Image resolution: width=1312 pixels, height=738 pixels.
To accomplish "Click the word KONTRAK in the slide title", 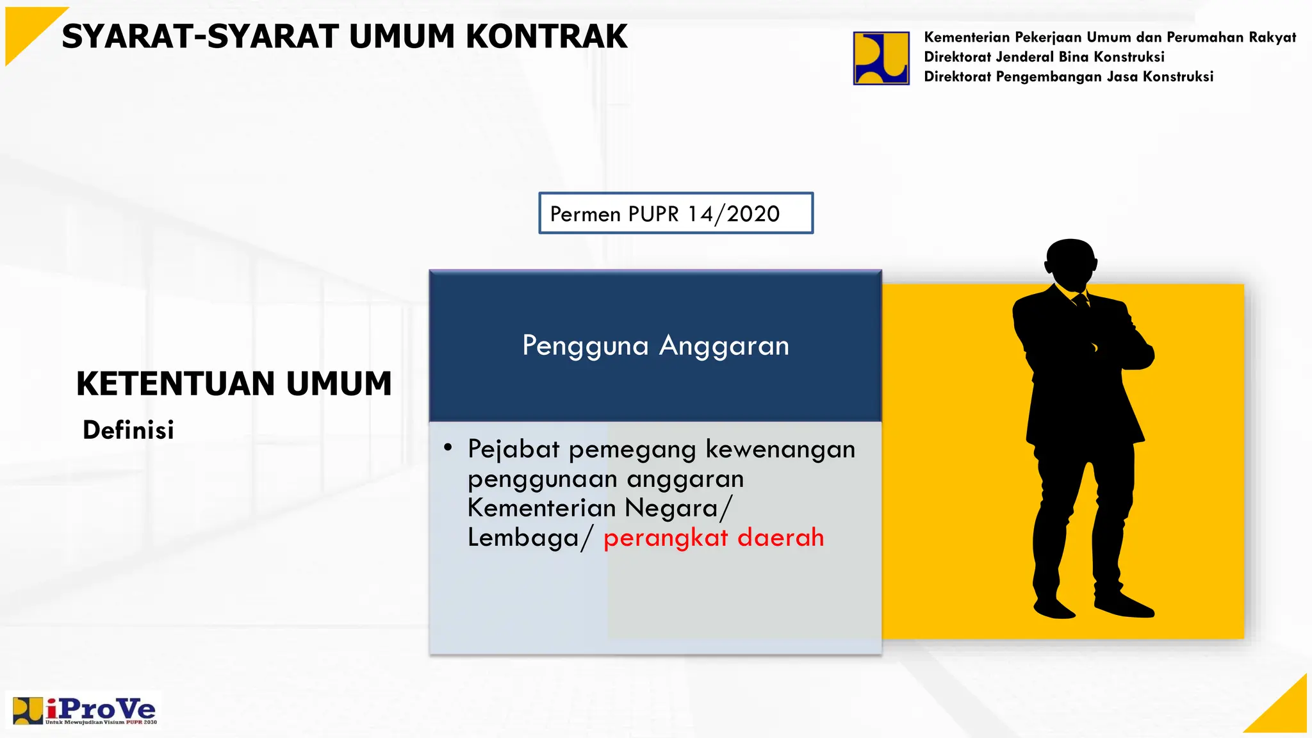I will [546, 37].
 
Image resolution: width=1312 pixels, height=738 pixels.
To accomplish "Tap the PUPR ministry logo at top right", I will [881, 58].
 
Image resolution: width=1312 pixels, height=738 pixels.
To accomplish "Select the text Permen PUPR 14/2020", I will [665, 213].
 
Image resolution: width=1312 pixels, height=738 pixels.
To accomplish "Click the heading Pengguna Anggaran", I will [655, 345].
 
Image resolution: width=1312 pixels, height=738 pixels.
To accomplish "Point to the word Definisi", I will [128, 430].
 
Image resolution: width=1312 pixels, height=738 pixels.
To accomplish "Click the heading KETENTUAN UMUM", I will [234, 384].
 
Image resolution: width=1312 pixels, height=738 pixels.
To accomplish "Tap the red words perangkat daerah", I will [713, 537].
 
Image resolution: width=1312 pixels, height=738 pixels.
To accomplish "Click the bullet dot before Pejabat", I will [448, 447].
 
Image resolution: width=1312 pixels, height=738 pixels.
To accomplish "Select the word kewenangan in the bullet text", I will [780, 449].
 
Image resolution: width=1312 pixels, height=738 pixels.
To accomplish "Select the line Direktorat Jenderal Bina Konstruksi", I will [1044, 57].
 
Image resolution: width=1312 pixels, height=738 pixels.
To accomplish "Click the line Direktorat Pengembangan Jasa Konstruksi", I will [1068, 77].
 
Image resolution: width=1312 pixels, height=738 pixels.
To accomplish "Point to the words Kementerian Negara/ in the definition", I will [599, 508].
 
